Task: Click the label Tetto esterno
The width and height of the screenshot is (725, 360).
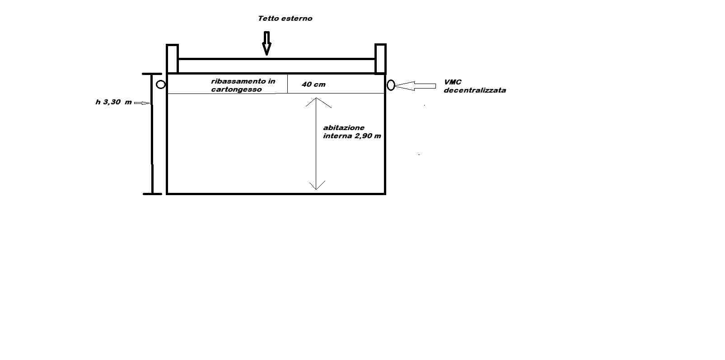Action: click(x=285, y=19)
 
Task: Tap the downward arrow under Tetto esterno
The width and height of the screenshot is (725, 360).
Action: click(x=267, y=43)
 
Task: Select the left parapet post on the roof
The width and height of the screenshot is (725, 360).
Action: click(x=172, y=59)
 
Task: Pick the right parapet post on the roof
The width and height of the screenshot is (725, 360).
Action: click(x=380, y=59)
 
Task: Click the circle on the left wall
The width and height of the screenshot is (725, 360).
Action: click(x=157, y=84)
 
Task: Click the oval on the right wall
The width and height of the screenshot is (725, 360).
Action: click(x=388, y=85)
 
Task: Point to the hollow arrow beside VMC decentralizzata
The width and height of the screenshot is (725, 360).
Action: click(x=416, y=86)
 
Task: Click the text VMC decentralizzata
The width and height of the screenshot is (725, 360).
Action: click(x=474, y=86)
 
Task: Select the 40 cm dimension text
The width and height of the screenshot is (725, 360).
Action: click(x=313, y=84)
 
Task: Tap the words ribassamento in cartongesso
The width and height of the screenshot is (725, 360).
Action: click(x=243, y=85)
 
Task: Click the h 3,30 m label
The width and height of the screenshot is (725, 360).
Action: click(x=113, y=102)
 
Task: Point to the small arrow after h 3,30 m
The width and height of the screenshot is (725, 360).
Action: click(x=142, y=103)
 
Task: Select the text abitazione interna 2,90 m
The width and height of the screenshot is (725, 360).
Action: click(x=352, y=132)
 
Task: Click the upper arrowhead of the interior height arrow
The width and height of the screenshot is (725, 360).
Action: click(x=316, y=98)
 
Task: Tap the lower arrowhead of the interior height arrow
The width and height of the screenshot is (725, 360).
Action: click(x=316, y=189)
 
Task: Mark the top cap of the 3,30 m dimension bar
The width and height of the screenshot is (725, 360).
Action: click(x=152, y=74)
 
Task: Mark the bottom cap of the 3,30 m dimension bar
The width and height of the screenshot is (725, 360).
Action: click(x=152, y=194)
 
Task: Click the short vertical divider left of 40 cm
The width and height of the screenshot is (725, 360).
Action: click(x=287, y=84)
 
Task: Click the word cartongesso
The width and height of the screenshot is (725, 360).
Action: click(x=236, y=90)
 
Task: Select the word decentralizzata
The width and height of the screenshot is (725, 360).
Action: click(x=474, y=90)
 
